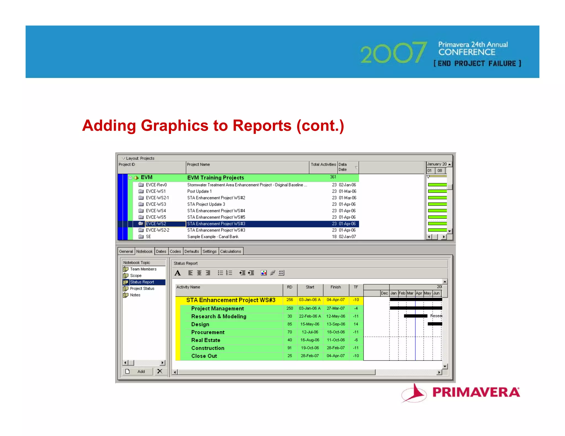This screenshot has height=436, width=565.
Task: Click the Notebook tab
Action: (144, 251)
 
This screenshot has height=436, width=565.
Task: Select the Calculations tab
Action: (231, 251)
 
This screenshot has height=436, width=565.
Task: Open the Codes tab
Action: (175, 251)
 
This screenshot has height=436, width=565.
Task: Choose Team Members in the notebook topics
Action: (143, 269)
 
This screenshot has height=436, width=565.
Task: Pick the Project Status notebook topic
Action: (142, 289)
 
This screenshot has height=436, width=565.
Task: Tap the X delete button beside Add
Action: (160, 371)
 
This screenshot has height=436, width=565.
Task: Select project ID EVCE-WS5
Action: (156, 217)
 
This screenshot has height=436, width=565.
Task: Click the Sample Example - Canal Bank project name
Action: (213, 237)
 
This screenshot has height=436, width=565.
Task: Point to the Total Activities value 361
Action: (333, 177)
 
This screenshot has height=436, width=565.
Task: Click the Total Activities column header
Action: (323, 165)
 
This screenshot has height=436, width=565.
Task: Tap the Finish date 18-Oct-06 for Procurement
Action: (336, 332)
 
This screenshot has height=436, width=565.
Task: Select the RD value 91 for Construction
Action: (289, 348)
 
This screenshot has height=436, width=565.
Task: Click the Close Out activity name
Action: (204, 356)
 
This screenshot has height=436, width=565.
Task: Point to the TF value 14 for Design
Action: (356, 324)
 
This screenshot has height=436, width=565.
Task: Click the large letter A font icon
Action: (178, 273)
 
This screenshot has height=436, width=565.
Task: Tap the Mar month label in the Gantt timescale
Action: (410, 293)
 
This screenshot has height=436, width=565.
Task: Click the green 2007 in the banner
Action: (393, 52)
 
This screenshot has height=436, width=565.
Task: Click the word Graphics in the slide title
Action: (175, 125)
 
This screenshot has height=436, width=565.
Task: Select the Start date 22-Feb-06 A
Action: (310, 316)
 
